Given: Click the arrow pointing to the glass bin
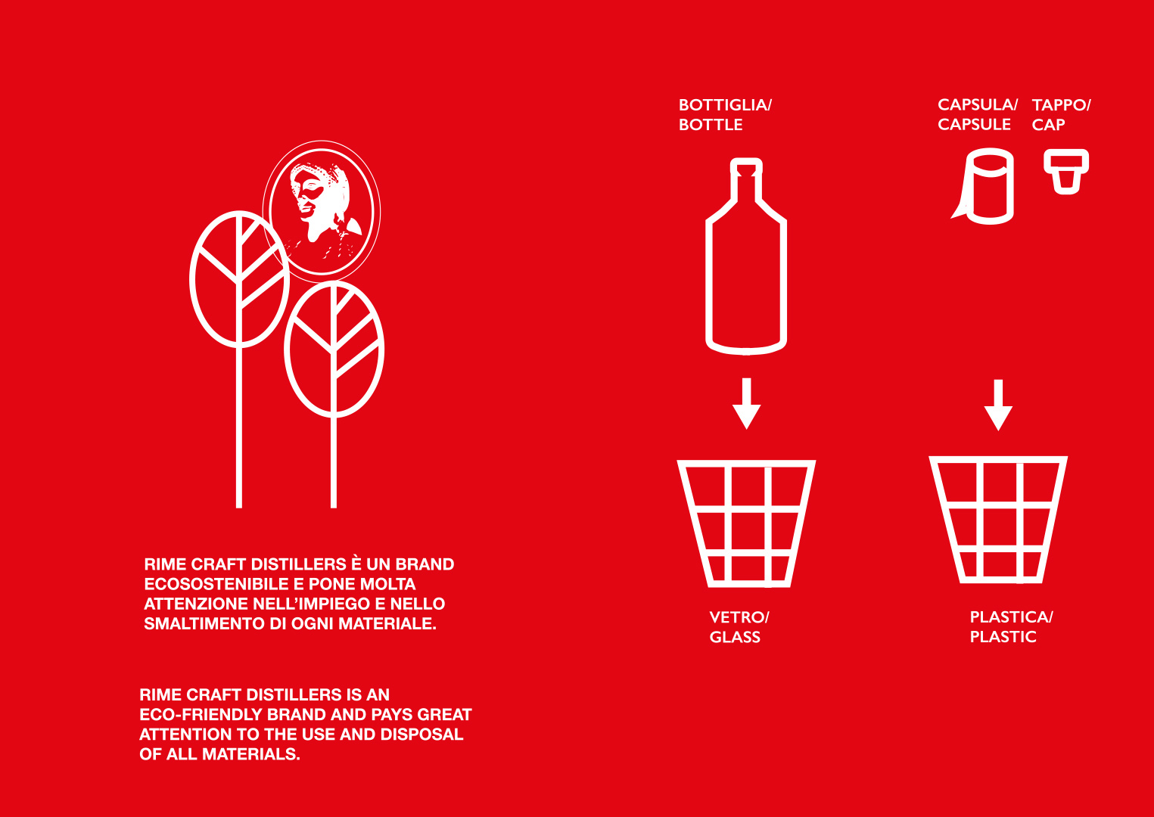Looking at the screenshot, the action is click(746, 403).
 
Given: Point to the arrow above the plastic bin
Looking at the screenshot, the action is click(998, 405).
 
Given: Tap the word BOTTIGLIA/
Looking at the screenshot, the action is click(726, 105).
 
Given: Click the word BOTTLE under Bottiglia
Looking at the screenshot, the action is click(711, 125).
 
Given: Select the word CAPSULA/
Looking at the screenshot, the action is click(978, 104).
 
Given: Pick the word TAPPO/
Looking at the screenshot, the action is click(1061, 105).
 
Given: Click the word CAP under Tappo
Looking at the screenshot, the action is click(1048, 125).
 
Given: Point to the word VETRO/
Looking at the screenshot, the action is click(739, 617).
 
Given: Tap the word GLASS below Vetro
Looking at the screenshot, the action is click(735, 637).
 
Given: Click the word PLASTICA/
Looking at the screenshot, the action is click(1011, 617).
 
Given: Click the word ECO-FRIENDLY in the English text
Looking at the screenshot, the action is click(201, 714).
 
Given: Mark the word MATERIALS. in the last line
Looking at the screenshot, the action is click(251, 754).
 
